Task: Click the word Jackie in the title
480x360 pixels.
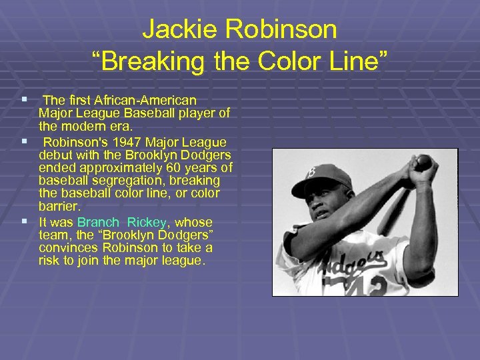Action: click(175, 30)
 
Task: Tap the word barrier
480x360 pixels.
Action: click(59, 207)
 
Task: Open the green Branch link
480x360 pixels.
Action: click(98, 222)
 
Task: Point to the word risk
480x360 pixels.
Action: click(49, 261)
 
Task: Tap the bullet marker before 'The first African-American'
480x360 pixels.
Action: click(24, 100)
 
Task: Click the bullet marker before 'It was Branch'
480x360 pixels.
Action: click(24, 221)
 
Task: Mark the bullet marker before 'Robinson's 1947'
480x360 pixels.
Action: click(24, 141)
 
